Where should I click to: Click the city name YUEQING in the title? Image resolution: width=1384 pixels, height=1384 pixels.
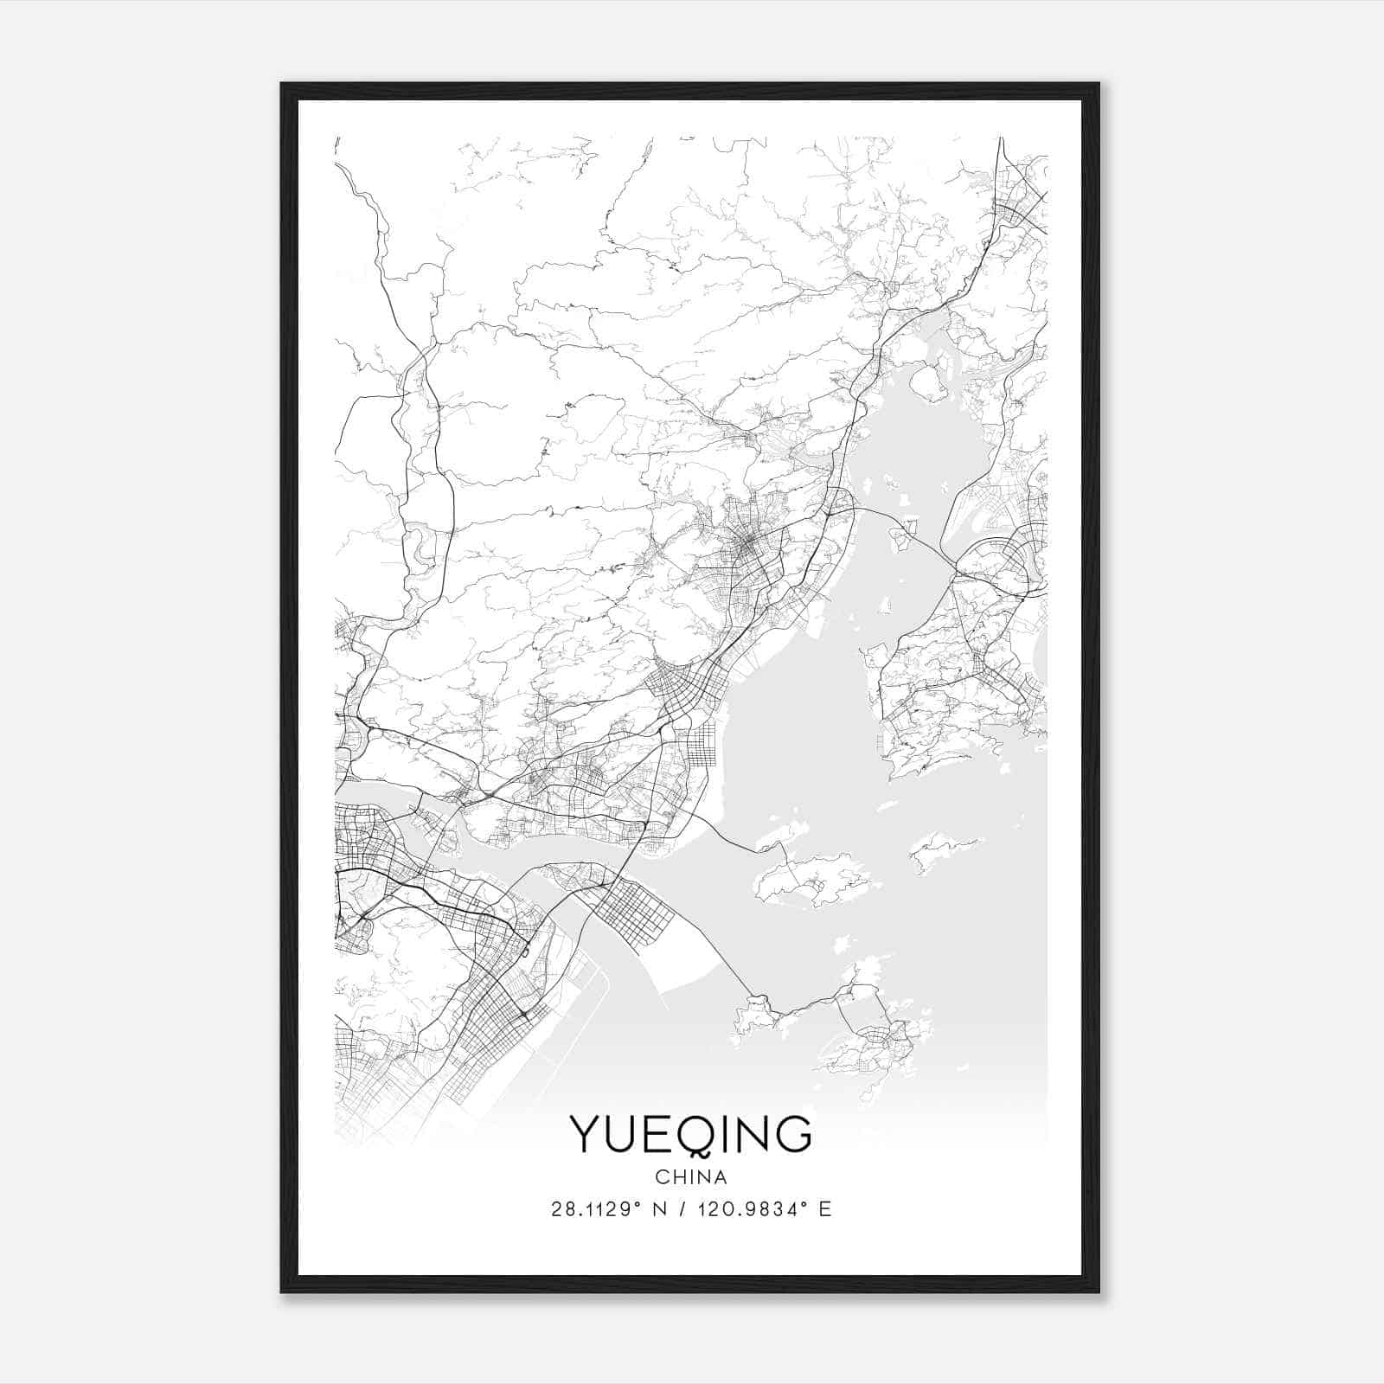690,1135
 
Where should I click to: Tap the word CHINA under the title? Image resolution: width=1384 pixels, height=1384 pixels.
690,1177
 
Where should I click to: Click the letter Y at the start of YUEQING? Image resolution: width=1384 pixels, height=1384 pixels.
585,1135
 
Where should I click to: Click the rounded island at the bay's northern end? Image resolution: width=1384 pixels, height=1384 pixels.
927,381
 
